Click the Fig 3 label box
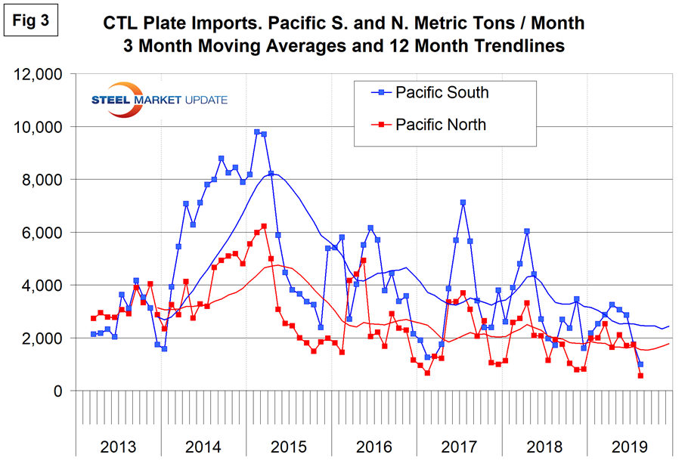click(31, 21)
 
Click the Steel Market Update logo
click(158, 100)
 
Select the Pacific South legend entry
click(442, 92)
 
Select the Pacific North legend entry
click(442, 123)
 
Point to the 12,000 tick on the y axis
click(41, 75)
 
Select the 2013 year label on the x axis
click(119, 446)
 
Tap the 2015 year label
click(289, 446)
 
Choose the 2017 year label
click(459, 446)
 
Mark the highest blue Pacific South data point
click(257, 132)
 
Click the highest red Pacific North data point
click(264, 226)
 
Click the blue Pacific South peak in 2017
click(463, 203)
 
